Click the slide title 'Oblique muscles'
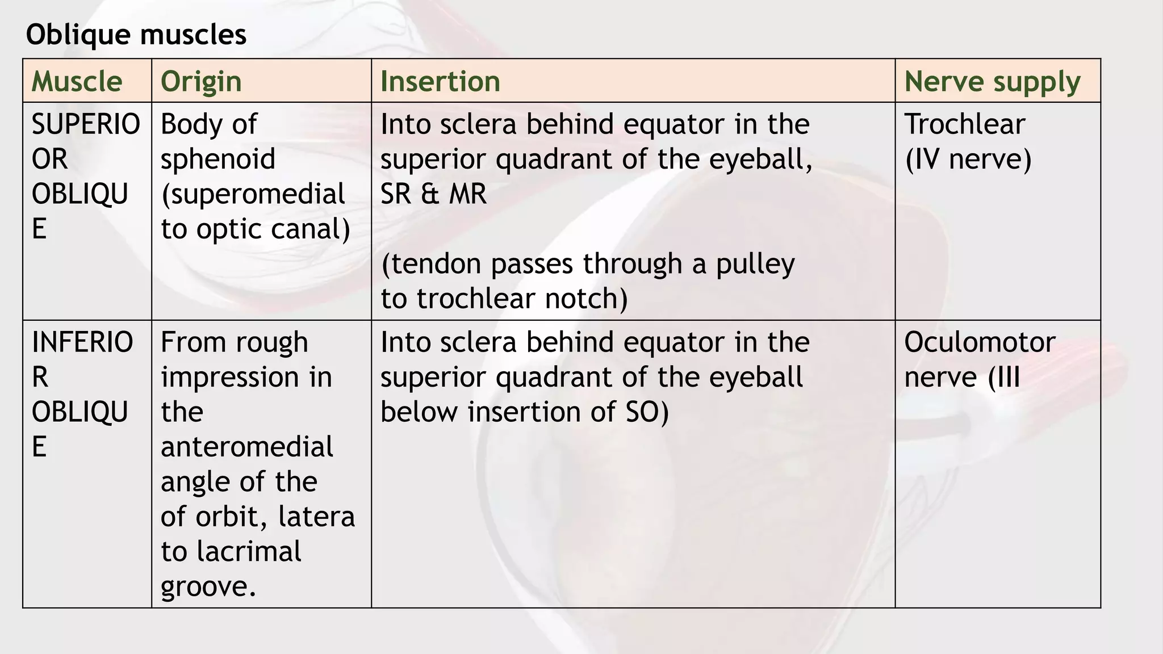(x=136, y=35)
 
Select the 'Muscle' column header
(x=77, y=81)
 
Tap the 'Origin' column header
(x=201, y=81)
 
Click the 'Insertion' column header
(x=440, y=81)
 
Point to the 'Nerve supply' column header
(x=992, y=81)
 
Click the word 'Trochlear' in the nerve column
(x=964, y=124)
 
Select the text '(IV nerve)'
(x=968, y=159)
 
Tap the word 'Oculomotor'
(x=980, y=342)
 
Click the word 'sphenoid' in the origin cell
(x=218, y=159)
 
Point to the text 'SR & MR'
(x=433, y=194)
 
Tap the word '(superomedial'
(x=253, y=194)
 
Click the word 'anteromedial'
(x=247, y=447)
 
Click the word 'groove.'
(x=208, y=586)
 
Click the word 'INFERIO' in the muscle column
(x=82, y=342)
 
